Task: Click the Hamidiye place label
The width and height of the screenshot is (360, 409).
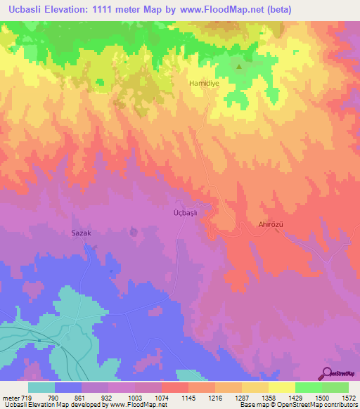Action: pos(203,83)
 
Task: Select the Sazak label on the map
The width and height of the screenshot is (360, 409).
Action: pos(82,232)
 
